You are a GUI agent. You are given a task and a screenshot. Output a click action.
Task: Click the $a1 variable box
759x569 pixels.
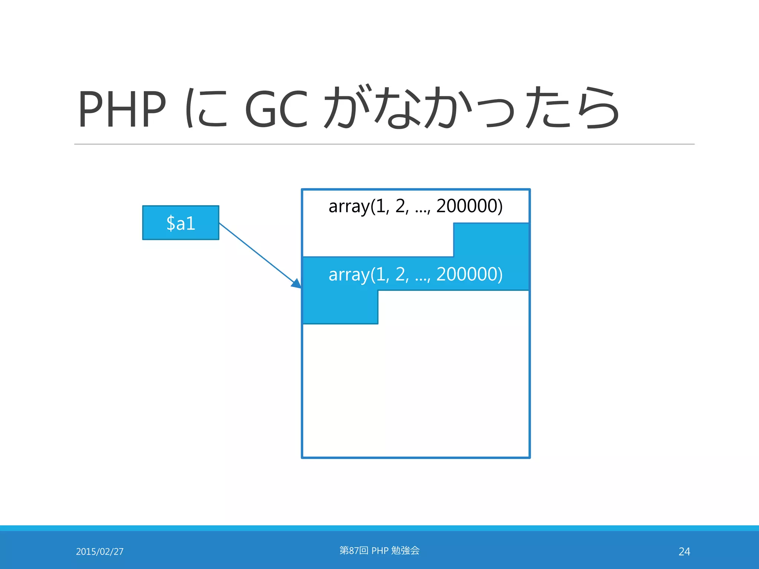coord(180,223)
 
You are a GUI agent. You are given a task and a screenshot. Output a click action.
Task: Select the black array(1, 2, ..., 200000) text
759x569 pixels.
coord(415,206)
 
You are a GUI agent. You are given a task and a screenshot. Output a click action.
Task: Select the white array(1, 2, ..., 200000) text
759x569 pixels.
coord(415,274)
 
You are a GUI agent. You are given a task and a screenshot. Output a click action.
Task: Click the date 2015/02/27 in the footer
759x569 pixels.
coord(100,552)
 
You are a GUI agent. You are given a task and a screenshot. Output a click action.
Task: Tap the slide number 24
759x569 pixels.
coord(684,552)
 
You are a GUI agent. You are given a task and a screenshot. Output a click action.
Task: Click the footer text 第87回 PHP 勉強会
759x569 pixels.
coord(379,550)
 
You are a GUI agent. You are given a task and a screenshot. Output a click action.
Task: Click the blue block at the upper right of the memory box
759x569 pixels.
coord(491,239)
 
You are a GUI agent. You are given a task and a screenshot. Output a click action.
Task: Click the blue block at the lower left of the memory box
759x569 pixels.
coord(340,307)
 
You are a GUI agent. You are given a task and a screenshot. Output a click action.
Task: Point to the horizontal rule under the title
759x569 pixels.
coord(384,144)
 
